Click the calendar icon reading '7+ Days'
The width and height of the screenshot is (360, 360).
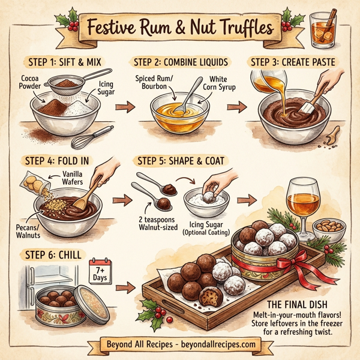click(101, 271)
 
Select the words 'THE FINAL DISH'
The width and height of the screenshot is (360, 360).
click(302, 304)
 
